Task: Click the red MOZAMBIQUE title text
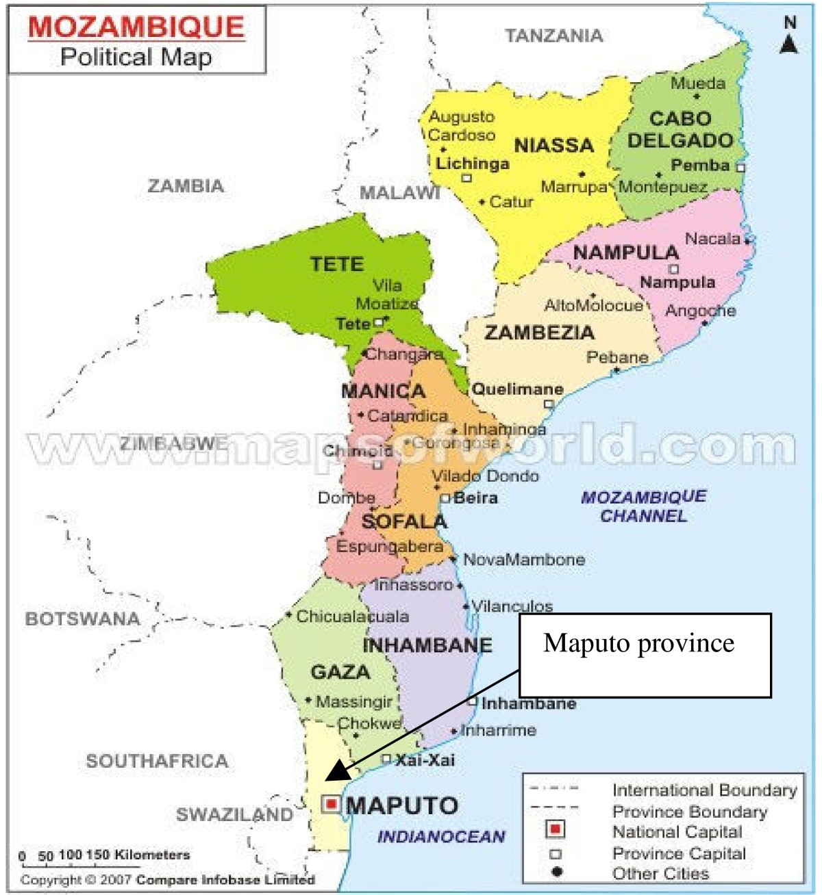(x=136, y=27)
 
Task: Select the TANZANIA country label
(x=553, y=36)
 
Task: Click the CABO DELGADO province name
(x=680, y=129)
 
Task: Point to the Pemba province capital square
(x=740, y=167)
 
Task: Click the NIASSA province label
(x=553, y=145)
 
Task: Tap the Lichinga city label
(x=473, y=164)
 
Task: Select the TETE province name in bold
(x=336, y=264)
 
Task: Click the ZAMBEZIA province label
(x=539, y=333)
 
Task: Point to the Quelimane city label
(x=518, y=389)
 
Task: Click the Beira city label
(x=475, y=497)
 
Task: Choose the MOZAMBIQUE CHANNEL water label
(x=643, y=506)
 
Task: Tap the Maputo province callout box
(x=645, y=655)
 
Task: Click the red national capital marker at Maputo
(x=332, y=803)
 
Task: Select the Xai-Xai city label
(x=425, y=760)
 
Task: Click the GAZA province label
(x=340, y=672)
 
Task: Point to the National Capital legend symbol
(x=556, y=830)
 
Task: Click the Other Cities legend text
(x=660, y=874)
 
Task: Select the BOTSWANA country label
(x=82, y=619)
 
